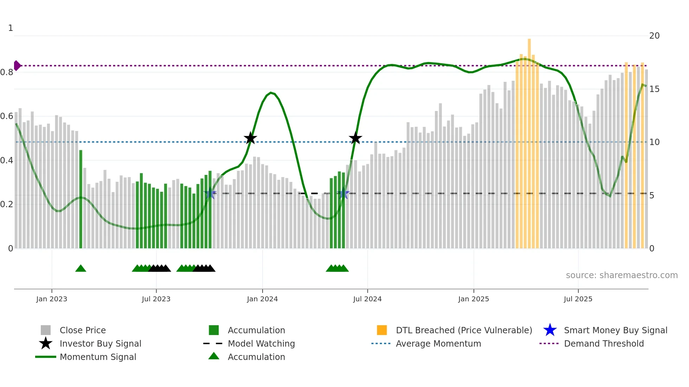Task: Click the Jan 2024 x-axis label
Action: click(262, 299)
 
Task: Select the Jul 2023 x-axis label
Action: click(156, 299)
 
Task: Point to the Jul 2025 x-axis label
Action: click(578, 299)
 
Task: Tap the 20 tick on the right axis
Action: click(654, 36)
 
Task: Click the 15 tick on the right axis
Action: click(654, 89)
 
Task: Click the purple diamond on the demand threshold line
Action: click(17, 66)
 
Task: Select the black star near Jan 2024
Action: click(250, 138)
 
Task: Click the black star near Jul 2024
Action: click(355, 138)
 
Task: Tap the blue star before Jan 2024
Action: click(210, 193)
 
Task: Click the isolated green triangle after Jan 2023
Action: click(81, 269)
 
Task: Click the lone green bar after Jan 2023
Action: click(81, 199)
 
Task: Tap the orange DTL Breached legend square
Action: click(382, 330)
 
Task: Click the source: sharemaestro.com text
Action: click(622, 275)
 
